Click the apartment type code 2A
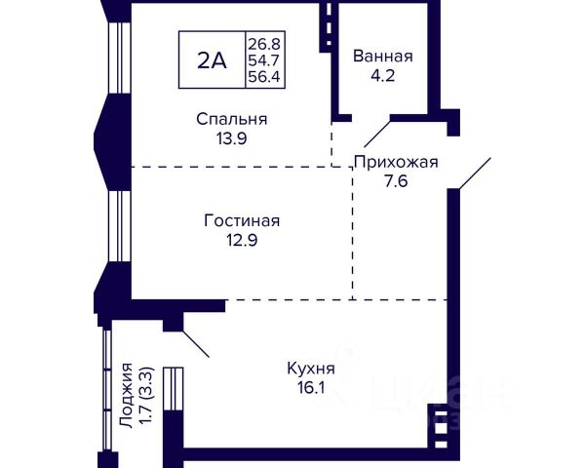[x=212, y=60]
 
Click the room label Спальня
[x=231, y=119]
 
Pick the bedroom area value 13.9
[x=231, y=138]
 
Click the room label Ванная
[x=383, y=56]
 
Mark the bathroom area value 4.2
[x=383, y=75]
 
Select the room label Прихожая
[x=396, y=162]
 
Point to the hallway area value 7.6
[x=396, y=181]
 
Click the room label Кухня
[x=311, y=369]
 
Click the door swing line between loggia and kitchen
[x=196, y=342]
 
